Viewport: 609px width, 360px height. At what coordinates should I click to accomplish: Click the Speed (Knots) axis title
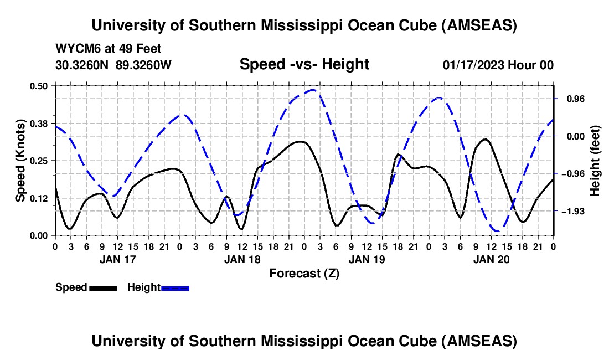click(20, 161)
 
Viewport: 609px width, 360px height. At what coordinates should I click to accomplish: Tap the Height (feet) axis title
click(595, 161)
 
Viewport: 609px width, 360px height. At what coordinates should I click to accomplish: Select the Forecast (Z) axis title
click(304, 273)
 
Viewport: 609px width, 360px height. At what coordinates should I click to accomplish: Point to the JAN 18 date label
click(241, 259)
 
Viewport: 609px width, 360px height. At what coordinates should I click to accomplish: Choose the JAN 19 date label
click(366, 259)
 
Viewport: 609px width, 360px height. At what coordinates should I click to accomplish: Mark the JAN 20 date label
click(491, 259)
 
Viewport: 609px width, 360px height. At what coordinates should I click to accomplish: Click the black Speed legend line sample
click(103, 287)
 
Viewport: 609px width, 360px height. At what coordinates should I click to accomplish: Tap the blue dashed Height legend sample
click(175, 287)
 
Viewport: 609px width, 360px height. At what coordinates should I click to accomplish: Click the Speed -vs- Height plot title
click(304, 64)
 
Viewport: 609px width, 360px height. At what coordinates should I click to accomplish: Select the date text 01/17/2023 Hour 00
click(498, 65)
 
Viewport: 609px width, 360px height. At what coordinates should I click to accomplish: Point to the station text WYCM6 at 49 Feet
click(109, 49)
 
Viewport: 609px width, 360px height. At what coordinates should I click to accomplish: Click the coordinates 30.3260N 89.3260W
click(113, 65)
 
